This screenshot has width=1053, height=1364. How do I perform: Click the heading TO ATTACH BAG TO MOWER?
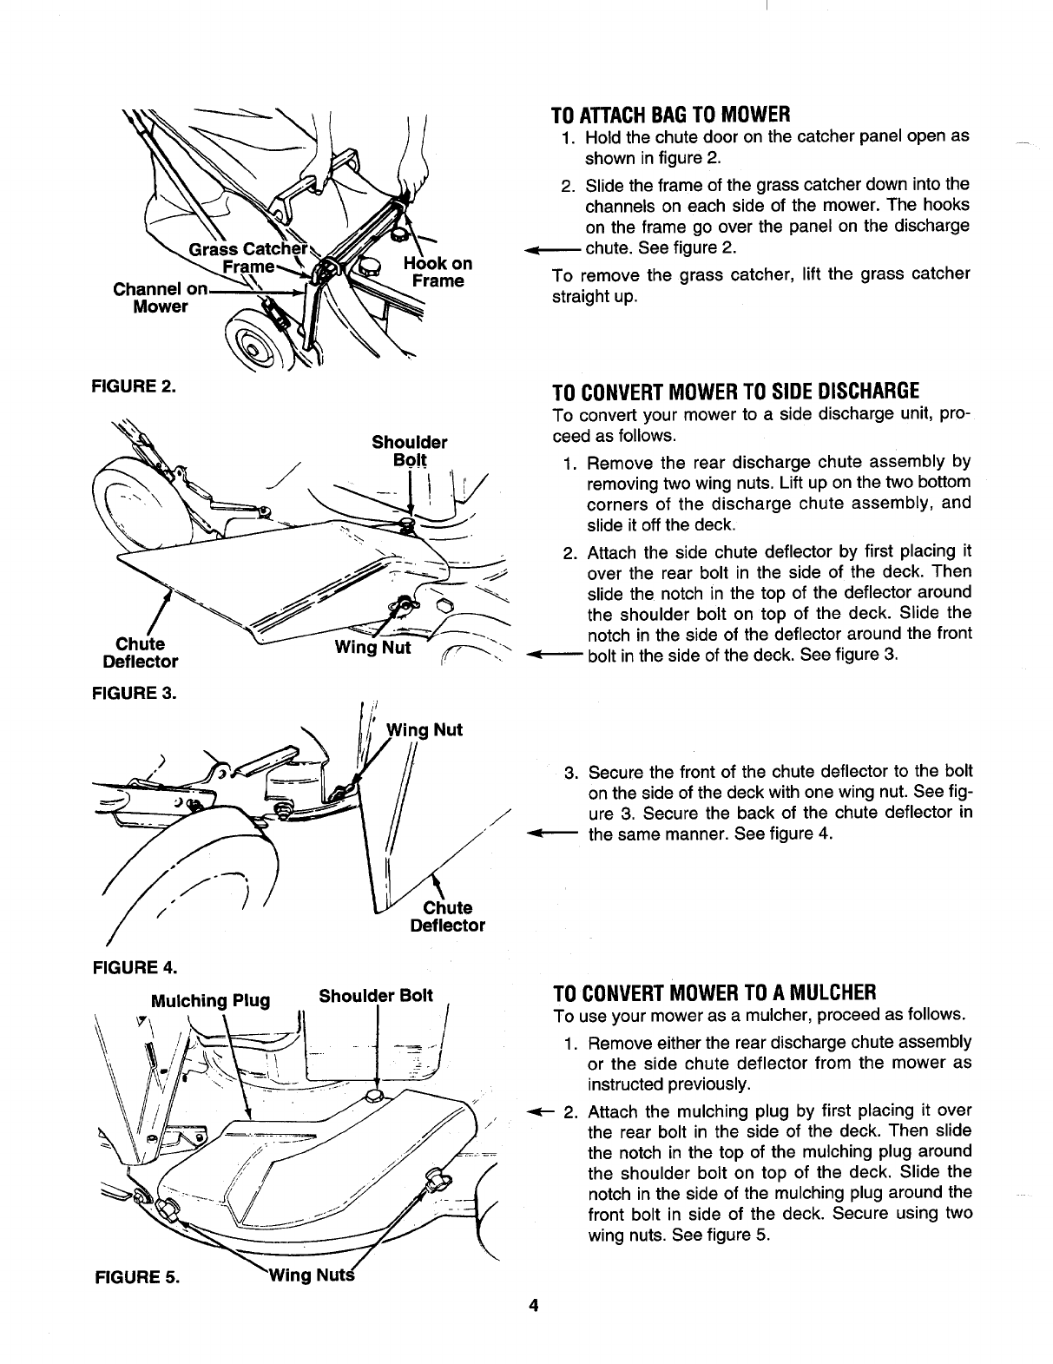pos(670,114)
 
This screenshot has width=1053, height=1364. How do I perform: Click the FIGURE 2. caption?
pos(133,386)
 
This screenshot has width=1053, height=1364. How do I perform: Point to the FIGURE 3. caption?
pos(133,694)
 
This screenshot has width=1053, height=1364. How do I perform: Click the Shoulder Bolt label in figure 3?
pos(409,450)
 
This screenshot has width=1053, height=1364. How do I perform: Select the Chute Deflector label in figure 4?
pos(447,917)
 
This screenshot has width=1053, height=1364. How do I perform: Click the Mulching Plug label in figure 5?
pos(210,1000)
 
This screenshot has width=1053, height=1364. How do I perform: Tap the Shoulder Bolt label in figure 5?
pos(375,996)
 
